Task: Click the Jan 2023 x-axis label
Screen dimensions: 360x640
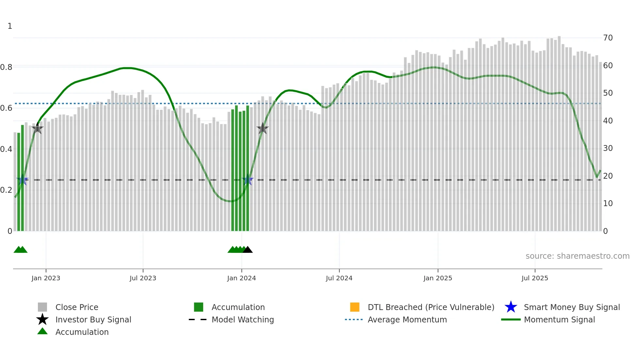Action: [46, 278]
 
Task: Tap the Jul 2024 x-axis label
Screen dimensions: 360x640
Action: [339, 278]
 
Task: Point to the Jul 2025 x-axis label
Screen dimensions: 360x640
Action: [535, 278]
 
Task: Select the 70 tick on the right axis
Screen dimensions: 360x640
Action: [608, 38]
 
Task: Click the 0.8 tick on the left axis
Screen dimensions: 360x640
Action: [6, 67]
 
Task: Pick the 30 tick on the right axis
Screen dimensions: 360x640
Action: [608, 148]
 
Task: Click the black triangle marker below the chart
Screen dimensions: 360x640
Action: [248, 250]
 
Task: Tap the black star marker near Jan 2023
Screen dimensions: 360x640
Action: [37, 129]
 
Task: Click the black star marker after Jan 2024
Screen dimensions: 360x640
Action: [262, 129]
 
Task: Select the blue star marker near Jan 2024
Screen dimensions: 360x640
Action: [248, 180]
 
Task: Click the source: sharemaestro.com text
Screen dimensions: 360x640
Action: [577, 256]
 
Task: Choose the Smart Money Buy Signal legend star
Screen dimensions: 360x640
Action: [511, 307]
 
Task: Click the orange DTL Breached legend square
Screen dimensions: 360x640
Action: [355, 307]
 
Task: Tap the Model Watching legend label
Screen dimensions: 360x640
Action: [243, 319]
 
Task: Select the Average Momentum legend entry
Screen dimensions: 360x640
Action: [407, 319]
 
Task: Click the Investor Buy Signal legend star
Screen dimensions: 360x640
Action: [42, 319]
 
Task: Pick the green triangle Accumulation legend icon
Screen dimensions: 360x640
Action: [42, 331]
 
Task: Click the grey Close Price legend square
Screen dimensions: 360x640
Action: [42, 307]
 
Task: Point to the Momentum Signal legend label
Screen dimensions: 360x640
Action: [559, 319]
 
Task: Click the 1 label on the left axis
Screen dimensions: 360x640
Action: [10, 26]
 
